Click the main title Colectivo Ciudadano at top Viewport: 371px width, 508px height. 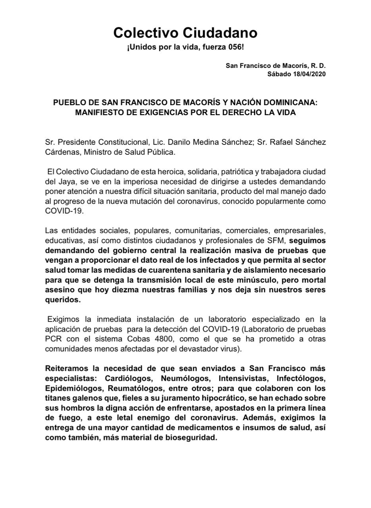pyautogui.click(x=185, y=33)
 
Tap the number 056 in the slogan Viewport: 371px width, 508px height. pyautogui.click(x=235, y=47)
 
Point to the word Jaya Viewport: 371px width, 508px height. pyautogui.click(x=67, y=181)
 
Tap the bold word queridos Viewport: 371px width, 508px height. pyautogui.click(x=63, y=300)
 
